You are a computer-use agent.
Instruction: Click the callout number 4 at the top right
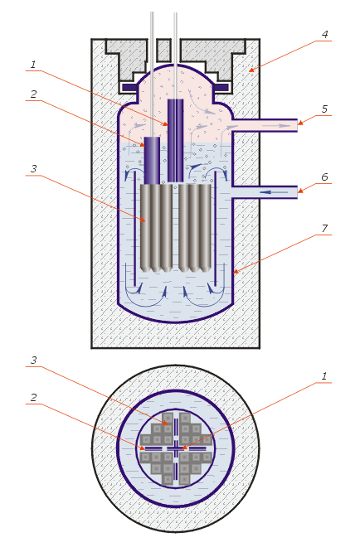pos(324,34)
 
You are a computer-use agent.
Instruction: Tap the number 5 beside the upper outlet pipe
pos(324,109)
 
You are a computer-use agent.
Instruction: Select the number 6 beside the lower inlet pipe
pos(324,177)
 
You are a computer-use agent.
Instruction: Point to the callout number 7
pos(324,228)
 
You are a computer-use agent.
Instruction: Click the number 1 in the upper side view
pos(33,64)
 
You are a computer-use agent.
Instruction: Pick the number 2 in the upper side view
pos(33,94)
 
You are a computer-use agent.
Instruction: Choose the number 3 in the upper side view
pos(33,168)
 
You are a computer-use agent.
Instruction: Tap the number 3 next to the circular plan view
pos(33,360)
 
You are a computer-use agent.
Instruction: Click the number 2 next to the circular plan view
pos(33,397)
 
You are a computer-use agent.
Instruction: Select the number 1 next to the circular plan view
pos(324,376)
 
